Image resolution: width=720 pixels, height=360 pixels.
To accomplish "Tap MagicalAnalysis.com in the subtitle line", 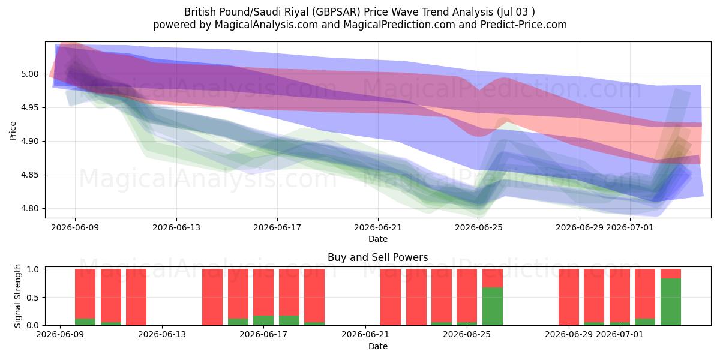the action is coord(266,25).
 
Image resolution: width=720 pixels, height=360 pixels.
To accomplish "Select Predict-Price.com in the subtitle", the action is coord(524,25).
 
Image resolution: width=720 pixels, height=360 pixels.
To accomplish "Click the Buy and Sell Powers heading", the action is coord(377,257).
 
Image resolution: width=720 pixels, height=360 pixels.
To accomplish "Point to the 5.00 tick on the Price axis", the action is coord(30,74).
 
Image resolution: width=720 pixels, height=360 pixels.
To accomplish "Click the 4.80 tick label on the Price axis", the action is coord(30,208).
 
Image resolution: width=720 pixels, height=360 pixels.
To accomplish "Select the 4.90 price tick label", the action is coord(30,141).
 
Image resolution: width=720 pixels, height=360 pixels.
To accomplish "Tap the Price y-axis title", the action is coord(13,131).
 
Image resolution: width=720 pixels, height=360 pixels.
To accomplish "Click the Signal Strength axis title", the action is coord(17,296).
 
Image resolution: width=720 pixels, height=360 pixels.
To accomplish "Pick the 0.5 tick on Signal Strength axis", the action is coord(33,298).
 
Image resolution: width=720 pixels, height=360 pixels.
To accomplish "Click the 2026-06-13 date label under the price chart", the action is coord(176,227).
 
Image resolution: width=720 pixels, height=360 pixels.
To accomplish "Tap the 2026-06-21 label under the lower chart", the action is coord(365,334).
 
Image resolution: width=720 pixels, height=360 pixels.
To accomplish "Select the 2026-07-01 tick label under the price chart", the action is coord(629,227).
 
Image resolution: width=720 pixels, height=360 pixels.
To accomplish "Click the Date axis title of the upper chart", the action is coord(377,239).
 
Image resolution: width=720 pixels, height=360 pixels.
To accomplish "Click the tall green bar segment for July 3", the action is coord(671,302).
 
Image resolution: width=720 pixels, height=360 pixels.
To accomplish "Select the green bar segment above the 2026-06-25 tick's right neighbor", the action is coord(493,307).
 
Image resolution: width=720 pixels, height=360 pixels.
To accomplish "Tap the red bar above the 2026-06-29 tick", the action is coord(569,297).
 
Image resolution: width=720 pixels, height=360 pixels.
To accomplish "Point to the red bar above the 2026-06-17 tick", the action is coord(263,292).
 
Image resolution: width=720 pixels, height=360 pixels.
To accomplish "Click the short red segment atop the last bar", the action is coord(671,274).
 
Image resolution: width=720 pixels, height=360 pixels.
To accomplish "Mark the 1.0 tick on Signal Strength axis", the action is coord(33,269).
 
